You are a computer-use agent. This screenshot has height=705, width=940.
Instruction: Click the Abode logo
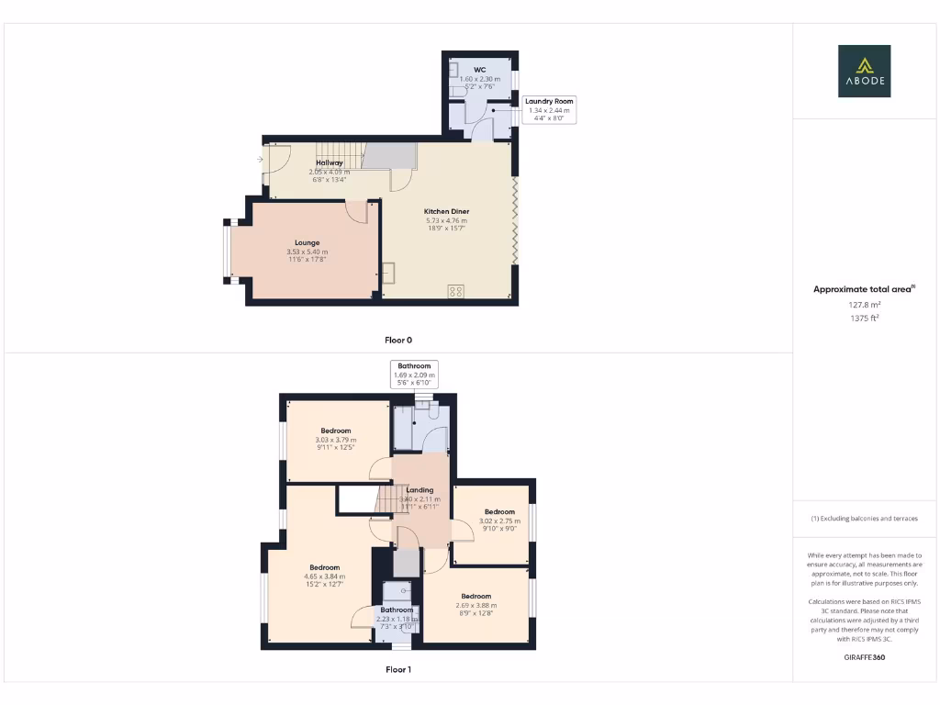click(x=864, y=71)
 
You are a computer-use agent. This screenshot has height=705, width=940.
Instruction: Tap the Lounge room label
click(x=307, y=243)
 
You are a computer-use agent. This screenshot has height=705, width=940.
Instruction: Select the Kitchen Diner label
click(x=446, y=212)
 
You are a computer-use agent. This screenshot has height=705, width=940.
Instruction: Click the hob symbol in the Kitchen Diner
click(x=454, y=292)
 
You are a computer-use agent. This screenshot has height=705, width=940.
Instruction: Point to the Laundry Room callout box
click(x=549, y=109)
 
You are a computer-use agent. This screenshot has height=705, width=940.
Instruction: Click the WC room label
click(x=479, y=70)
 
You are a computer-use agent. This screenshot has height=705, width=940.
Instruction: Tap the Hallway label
click(x=330, y=162)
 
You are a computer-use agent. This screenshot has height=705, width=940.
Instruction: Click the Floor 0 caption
click(x=397, y=340)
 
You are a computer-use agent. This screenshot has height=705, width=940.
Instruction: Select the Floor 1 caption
click(x=397, y=669)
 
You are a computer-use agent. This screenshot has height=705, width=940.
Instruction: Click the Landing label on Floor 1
click(x=420, y=490)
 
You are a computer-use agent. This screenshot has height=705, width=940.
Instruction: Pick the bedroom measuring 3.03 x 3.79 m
click(x=335, y=431)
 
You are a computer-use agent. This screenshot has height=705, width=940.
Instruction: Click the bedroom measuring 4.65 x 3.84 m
click(x=324, y=567)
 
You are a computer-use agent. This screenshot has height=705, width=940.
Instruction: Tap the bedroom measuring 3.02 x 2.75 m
click(x=499, y=512)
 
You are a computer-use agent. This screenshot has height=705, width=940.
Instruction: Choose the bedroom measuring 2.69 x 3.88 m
click(x=476, y=597)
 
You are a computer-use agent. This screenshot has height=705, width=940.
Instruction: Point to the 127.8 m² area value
click(x=864, y=304)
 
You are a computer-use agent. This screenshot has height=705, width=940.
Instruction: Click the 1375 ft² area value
click(x=864, y=318)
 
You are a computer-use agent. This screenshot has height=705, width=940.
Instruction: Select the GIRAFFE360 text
click(x=864, y=657)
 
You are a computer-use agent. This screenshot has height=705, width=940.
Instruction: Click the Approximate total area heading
click(x=864, y=289)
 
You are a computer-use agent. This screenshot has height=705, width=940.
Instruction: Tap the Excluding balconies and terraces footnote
click(x=864, y=519)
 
